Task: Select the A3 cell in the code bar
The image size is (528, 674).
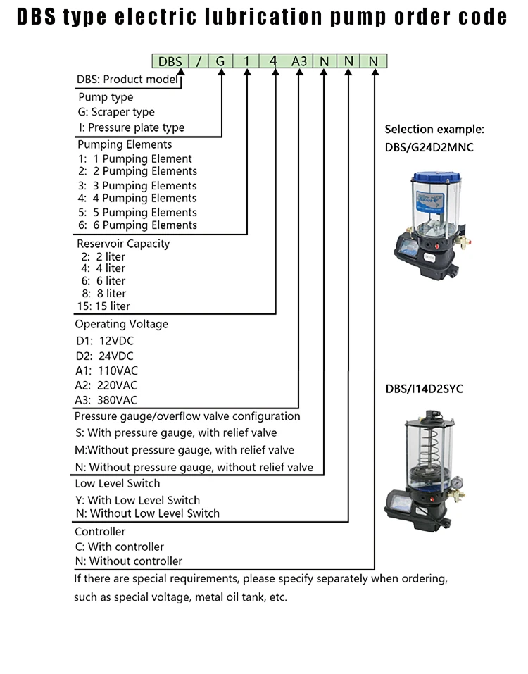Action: click(x=299, y=61)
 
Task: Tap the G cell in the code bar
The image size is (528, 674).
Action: click(x=220, y=61)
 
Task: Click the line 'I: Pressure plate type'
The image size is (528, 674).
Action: click(x=131, y=127)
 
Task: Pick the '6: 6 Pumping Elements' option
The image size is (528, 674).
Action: click(x=137, y=225)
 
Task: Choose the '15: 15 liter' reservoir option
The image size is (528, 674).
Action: click(x=103, y=306)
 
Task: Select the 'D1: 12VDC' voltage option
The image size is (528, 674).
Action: click(x=104, y=341)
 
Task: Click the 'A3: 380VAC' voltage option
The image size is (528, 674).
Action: click(x=106, y=400)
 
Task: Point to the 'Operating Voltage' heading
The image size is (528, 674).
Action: click(x=122, y=325)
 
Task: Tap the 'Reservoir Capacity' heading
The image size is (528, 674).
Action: click(x=123, y=244)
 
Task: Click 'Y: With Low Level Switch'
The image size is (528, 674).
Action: click(x=137, y=500)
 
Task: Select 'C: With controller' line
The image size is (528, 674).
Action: click(x=120, y=547)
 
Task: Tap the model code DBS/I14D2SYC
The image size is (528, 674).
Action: click(x=424, y=389)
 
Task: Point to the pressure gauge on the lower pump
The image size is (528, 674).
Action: click(x=458, y=484)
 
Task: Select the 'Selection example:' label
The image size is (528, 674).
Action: click(x=434, y=130)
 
